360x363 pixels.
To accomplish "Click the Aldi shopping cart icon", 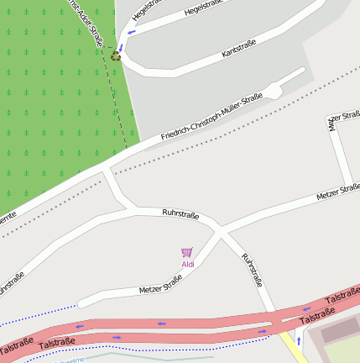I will (x=187, y=252).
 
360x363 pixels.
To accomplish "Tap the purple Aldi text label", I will (x=187, y=265).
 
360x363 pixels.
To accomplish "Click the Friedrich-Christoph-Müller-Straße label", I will (x=211, y=116).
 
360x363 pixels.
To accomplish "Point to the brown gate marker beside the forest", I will (x=116, y=57).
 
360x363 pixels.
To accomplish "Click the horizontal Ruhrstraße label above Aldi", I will (x=180, y=215).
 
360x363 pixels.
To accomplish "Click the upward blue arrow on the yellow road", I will (x=298, y=341).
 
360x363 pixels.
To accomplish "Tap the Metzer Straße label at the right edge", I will (x=338, y=192).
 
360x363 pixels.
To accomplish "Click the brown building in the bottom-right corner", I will (x=340, y=332).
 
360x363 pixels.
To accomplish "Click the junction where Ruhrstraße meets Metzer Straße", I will (x=220, y=229).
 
